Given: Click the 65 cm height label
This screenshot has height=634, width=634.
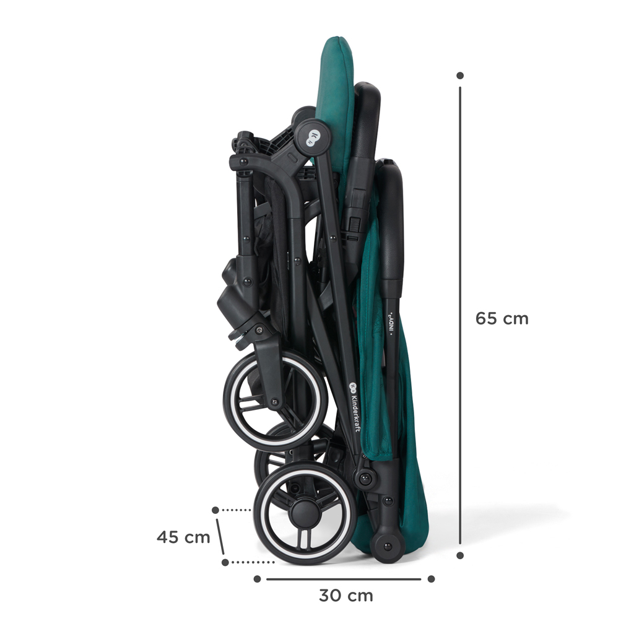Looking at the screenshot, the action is [502, 319].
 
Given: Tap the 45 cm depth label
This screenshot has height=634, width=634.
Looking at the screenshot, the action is [183, 537].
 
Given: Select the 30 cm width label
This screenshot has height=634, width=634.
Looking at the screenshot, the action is [346, 596].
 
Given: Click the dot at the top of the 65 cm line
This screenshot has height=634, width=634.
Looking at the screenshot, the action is [460, 76].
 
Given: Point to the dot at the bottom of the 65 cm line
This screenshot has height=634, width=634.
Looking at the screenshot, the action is [460, 555].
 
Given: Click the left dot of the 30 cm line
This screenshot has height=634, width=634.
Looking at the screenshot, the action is [257, 579].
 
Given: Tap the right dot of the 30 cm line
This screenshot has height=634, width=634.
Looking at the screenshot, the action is [431, 579].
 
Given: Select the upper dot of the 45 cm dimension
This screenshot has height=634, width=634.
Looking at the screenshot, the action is [215, 510].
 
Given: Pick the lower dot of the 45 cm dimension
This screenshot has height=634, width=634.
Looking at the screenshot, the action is [225, 562].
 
